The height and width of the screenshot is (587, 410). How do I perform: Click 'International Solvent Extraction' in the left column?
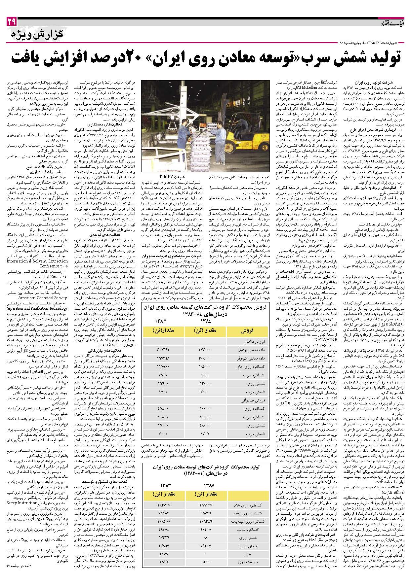point(37,261)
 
